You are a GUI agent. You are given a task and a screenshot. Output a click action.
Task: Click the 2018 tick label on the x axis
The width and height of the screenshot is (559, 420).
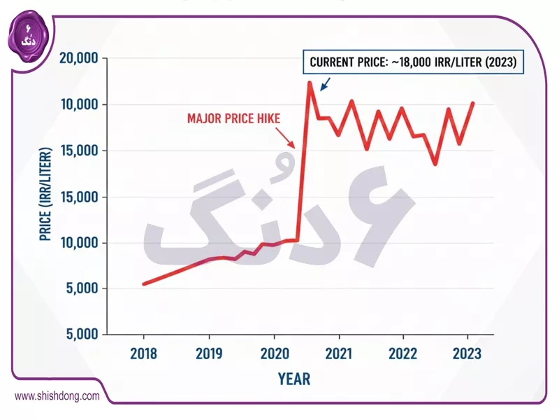pyautogui.click(x=143, y=353)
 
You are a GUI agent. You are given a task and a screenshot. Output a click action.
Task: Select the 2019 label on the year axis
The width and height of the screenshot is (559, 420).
pyautogui.click(x=208, y=353)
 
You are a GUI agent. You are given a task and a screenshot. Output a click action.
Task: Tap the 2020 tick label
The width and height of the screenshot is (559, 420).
pyautogui.click(x=273, y=353)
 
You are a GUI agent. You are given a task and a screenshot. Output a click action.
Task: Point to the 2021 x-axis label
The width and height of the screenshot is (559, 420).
pyautogui.click(x=338, y=353)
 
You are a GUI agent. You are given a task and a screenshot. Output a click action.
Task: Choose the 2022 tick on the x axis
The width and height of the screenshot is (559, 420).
pyautogui.click(x=403, y=353)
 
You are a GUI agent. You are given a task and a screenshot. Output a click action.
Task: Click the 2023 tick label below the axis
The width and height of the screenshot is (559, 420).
pyautogui.click(x=467, y=353)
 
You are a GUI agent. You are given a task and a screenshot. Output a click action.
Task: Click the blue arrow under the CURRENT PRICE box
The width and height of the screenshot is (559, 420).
pyautogui.click(x=324, y=84)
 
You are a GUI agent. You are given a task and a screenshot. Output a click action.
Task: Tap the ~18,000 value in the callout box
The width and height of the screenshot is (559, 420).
pyautogui.click(x=407, y=62)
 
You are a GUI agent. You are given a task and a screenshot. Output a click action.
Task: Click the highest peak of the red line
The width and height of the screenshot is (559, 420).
pyautogui.click(x=310, y=83)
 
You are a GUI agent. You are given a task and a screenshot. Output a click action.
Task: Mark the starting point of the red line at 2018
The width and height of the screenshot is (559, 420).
pyautogui.click(x=143, y=283)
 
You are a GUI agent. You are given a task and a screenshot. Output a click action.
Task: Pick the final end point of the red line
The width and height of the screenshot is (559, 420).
pyautogui.click(x=474, y=103)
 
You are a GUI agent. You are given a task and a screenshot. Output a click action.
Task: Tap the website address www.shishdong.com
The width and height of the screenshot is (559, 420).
pyautogui.click(x=57, y=396)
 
